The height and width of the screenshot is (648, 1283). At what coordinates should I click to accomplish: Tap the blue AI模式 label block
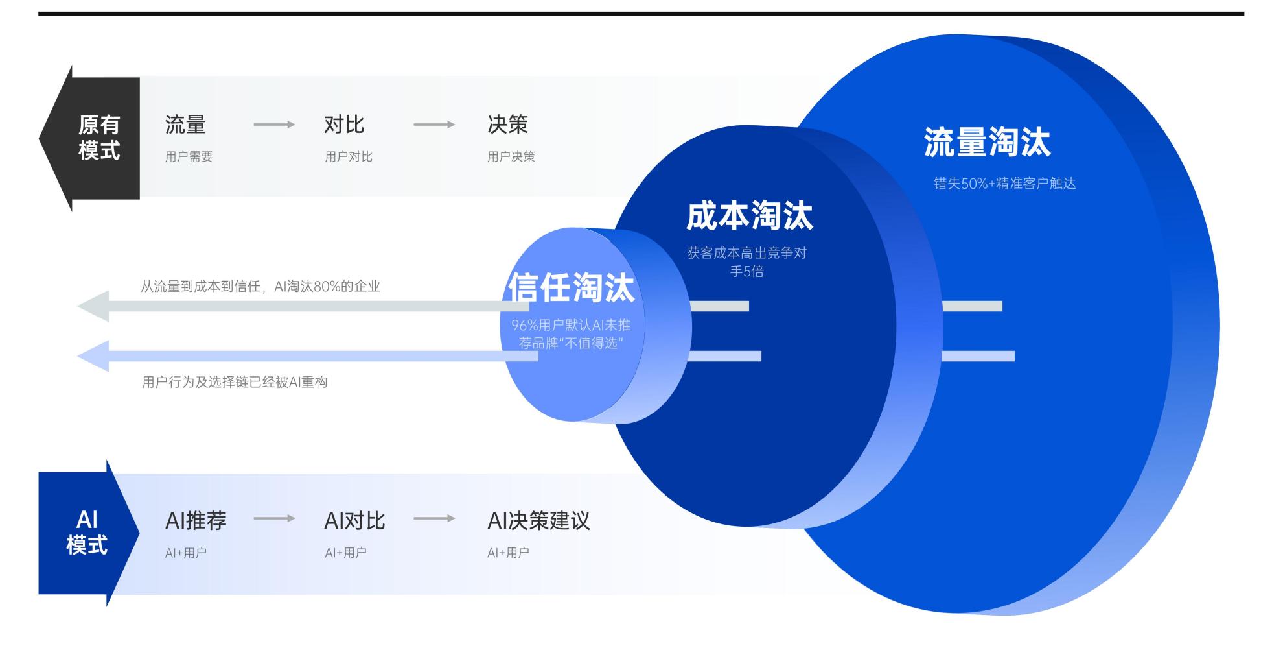pyautogui.click(x=86, y=533)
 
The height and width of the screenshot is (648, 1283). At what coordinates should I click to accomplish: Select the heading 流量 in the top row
pyautogui.click(x=185, y=125)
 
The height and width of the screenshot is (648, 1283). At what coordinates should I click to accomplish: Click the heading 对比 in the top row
pyautogui.click(x=344, y=125)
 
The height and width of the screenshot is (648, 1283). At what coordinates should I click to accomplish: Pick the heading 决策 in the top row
pyautogui.click(x=507, y=125)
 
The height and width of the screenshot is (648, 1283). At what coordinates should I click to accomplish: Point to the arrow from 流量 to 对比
pyautogui.click(x=273, y=125)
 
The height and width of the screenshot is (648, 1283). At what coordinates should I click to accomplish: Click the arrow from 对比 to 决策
pyautogui.click(x=433, y=125)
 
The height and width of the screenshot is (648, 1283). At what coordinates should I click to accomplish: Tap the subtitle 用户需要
pyautogui.click(x=189, y=156)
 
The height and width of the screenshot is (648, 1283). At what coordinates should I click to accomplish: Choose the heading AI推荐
pyautogui.click(x=196, y=520)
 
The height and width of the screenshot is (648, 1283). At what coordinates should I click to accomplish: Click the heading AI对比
pyautogui.click(x=354, y=520)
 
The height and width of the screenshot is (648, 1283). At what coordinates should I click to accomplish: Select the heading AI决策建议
pyautogui.click(x=538, y=520)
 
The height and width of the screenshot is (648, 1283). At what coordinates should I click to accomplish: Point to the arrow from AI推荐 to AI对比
pyautogui.click(x=273, y=518)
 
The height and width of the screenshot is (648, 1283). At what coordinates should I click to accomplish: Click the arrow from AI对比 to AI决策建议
pyautogui.click(x=433, y=518)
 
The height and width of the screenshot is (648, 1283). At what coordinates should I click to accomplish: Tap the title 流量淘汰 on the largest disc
pyautogui.click(x=987, y=142)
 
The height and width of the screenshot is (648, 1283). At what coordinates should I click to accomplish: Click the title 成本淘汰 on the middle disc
pyautogui.click(x=749, y=216)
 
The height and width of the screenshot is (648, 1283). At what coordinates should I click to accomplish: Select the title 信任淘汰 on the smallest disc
pyautogui.click(x=571, y=287)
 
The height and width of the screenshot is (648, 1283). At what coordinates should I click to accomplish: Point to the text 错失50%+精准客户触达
pyautogui.click(x=1004, y=184)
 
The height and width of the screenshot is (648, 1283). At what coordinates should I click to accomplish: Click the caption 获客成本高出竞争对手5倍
pyautogui.click(x=746, y=262)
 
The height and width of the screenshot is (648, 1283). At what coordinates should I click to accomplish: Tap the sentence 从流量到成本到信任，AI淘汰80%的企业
pyautogui.click(x=260, y=286)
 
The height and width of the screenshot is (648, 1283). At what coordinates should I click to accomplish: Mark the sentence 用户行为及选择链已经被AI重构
pyautogui.click(x=235, y=382)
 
